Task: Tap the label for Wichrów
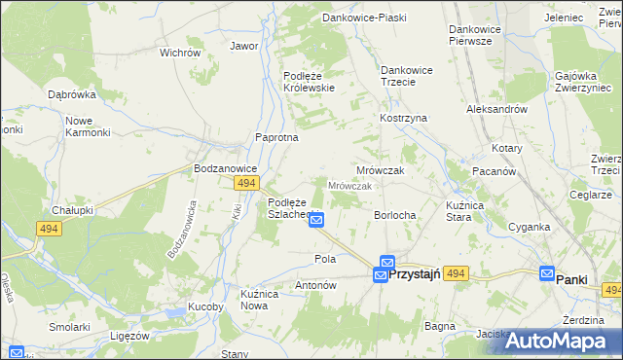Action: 179,53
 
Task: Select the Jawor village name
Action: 243,46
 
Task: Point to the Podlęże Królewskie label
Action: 309,82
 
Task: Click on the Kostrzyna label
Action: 403,118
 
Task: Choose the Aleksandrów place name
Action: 496,110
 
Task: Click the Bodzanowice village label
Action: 225,167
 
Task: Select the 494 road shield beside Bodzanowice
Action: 247,183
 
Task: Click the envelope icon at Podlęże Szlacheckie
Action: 316,221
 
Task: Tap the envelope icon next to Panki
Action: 547,275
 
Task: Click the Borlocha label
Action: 396,215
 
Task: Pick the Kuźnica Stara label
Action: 445,211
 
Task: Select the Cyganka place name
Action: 530,228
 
